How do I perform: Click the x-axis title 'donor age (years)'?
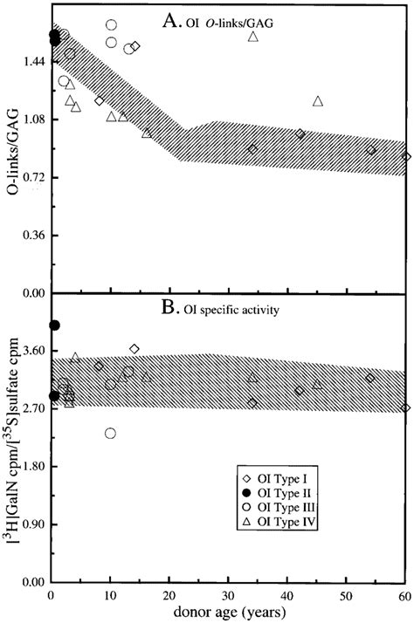pyautogui.click(x=228, y=613)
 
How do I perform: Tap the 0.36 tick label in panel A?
pyautogui.click(x=31, y=236)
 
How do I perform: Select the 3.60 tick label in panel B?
pyautogui.click(x=31, y=350)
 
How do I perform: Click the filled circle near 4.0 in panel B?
pyautogui.click(x=54, y=325)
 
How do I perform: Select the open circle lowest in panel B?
pyautogui.click(x=110, y=434)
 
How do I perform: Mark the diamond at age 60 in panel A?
pyautogui.click(x=406, y=157)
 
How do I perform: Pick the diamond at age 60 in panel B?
pyautogui.click(x=406, y=407)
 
